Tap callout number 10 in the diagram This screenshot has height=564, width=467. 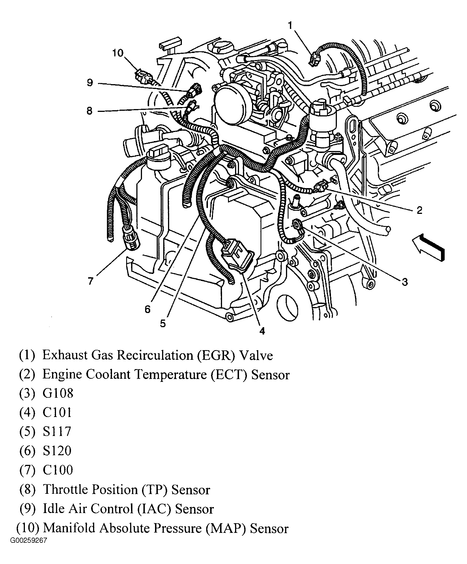(x=118, y=53)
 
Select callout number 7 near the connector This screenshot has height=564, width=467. (x=90, y=281)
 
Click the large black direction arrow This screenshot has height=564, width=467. (x=429, y=246)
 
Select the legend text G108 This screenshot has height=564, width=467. (x=58, y=393)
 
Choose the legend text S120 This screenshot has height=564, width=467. (x=57, y=451)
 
